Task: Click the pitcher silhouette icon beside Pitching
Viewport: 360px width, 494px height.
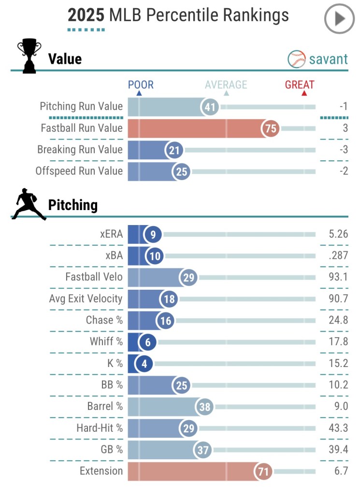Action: coord(29,205)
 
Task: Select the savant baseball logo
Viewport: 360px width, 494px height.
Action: coord(297,59)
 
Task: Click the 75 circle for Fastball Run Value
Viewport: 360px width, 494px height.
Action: coord(271,128)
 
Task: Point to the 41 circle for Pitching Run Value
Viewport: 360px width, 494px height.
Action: coord(210,107)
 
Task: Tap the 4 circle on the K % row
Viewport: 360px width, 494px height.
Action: coord(144,364)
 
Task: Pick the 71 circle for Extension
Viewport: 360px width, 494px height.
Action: coord(263,471)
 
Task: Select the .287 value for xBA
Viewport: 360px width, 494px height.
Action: coord(338,256)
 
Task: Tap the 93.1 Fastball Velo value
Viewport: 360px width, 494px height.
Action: coord(338,277)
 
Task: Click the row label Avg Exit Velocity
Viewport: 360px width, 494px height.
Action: coord(86,299)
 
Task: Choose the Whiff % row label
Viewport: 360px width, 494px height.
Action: coord(106,342)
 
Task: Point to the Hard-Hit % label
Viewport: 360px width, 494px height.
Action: coord(100,428)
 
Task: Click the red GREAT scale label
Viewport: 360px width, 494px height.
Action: coord(300,85)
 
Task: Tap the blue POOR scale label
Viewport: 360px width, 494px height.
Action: coord(141,85)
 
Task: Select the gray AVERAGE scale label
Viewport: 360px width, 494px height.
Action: coord(226,85)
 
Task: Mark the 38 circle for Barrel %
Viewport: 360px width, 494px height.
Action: coord(205,407)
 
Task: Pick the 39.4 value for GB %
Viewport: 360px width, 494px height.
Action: coord(338,450)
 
